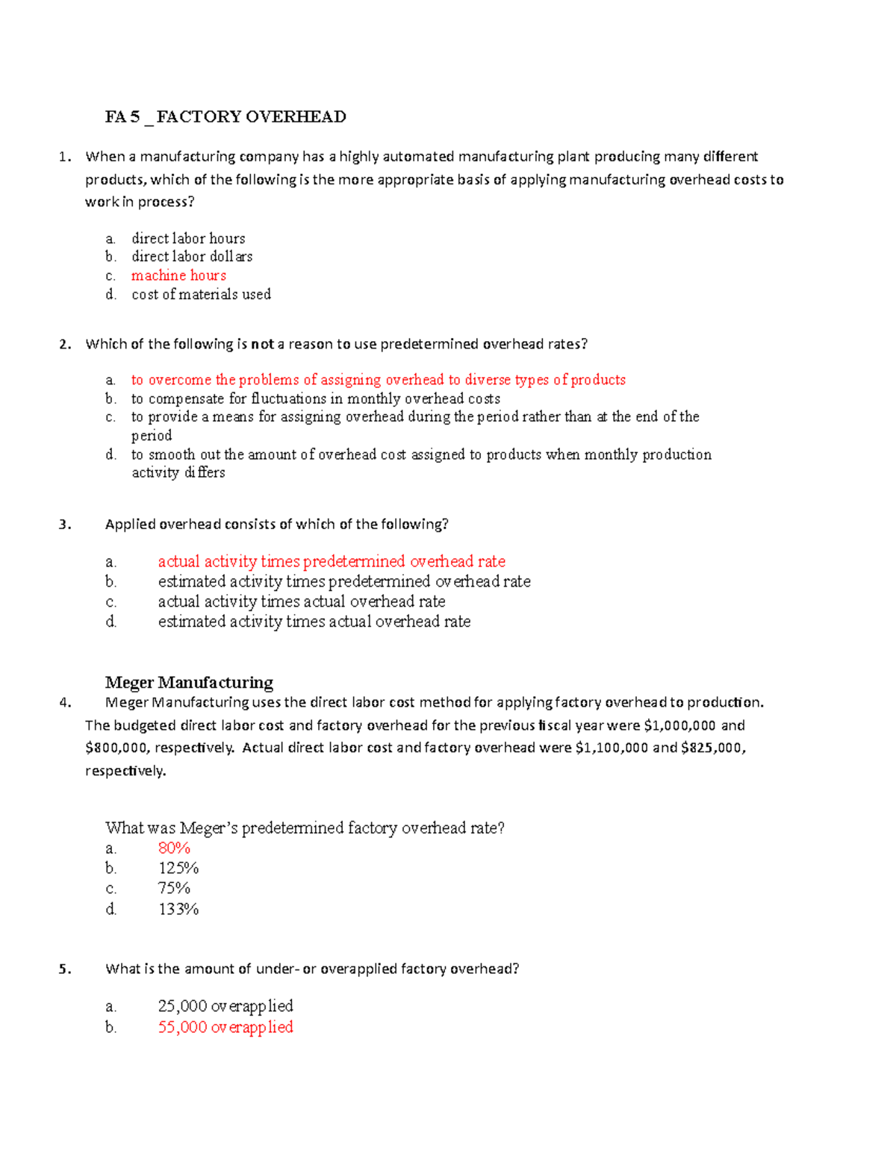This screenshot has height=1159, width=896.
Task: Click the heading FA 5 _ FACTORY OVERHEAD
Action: pos(225,117)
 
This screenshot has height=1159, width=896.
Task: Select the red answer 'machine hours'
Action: pos(178,275)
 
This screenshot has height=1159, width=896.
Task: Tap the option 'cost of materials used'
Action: pos(201,295)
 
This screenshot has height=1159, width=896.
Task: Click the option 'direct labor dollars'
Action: pos(192,257)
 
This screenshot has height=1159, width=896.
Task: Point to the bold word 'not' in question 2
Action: pos(262,344)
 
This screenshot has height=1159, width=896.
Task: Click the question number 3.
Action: pos(66,525)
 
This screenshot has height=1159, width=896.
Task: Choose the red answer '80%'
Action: pos(174,849)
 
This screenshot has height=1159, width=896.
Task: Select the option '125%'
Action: pos(178,869)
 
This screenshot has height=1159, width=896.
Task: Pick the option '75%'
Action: pos(174,889)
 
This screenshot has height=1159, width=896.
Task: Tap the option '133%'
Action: pos(178,910)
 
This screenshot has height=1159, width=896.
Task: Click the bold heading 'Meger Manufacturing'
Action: pos(189,683)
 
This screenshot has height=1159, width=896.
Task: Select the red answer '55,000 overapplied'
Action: pos(225,1028)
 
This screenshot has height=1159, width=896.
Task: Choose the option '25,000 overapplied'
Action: pos(225,1007)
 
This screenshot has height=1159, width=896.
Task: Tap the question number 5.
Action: pos(66,969)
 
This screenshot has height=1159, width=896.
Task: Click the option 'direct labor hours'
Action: pos(188,239)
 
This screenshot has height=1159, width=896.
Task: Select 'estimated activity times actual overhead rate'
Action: pos(314,622)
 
